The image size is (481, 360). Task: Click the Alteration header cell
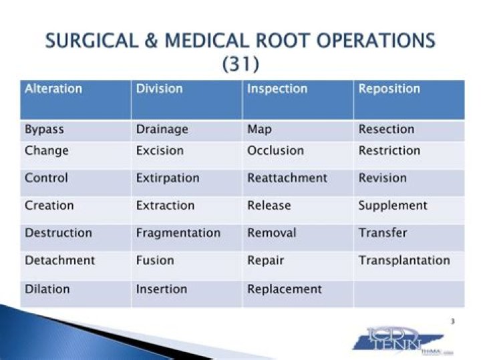tap(53, 89)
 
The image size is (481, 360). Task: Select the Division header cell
tap(159, 89)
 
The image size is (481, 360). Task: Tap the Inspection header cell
tap(277, 89)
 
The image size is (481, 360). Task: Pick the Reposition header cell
tap(389, 89)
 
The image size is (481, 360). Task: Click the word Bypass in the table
tap(44, 130)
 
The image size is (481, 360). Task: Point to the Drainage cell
tap(162, 130)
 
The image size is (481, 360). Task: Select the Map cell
tap(259, 130)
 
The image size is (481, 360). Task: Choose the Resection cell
tap(386, 130)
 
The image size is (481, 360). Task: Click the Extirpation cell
tap(167, 178)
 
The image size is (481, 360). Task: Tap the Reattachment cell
tap(287, 178)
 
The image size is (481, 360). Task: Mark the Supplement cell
tap(392, 205)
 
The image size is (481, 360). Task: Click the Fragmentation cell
tap(178, 233)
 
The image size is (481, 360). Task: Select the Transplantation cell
tap(404, 260)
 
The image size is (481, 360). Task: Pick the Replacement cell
tap(284, 289)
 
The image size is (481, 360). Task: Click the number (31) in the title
tap(240, 64)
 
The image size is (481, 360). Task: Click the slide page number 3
tap(452, 322)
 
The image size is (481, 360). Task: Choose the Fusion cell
tap(155, 260)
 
